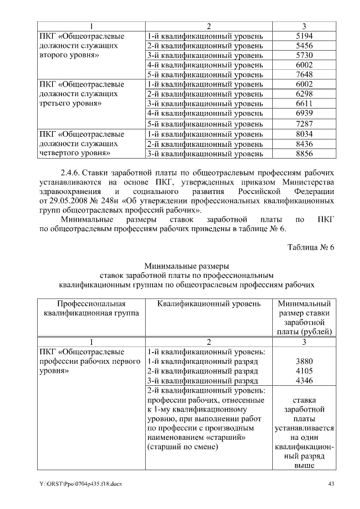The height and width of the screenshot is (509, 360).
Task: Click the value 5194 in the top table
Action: pyautogui.click(x=303, y=36)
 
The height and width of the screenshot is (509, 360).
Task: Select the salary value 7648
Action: pyautogui.click(x=303, y=75)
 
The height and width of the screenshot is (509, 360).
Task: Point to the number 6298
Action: pyautogui.click(x=303, y=94)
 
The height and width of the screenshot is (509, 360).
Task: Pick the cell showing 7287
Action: pyautogui.click(x=303, y=124)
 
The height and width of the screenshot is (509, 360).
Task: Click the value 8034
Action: pyautogui.click(x=303, y=134)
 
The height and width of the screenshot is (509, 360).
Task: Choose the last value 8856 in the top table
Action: pyautogui.click(x=303, y=154)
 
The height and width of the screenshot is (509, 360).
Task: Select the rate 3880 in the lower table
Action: pyautogui.click(x=303, y=362)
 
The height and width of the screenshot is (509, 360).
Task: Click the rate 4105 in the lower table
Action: pyautogui.click(x=303, y=371)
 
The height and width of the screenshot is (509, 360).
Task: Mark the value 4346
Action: pyautogui.click(x=303, y=381)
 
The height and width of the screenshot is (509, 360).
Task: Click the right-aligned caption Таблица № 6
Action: pyautogui.click(x=310, y=248)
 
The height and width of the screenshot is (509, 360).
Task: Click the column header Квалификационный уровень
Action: pyautogui.click(x=209, y=304)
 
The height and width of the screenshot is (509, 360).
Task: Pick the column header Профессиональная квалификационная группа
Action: pyautogui.click(x=87, y=309)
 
